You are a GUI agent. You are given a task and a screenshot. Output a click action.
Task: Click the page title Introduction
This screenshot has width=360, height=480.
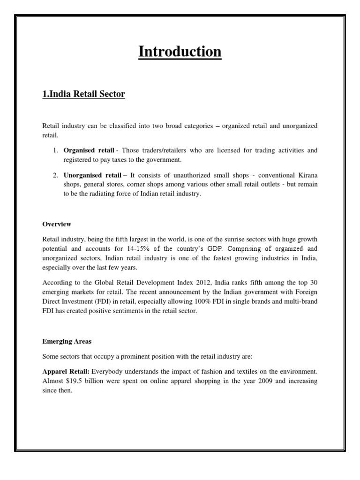click(x=180, y=52)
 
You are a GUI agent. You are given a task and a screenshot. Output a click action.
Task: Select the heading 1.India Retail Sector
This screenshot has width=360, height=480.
click(x=84, y=94)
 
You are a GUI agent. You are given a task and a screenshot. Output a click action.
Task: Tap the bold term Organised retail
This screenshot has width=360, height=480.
click(x=89, y=150)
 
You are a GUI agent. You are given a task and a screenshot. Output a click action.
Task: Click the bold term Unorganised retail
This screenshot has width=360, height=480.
click(x=92, y=175)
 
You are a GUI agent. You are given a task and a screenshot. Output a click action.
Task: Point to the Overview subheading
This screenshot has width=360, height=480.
click(x=57, y=224)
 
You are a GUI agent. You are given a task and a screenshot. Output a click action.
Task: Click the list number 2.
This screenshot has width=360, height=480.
click(x=55, y=175)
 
